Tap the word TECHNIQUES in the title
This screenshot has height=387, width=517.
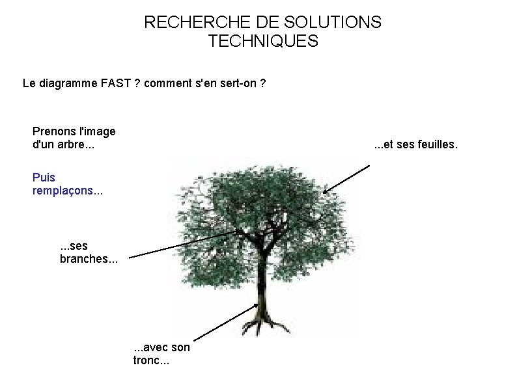pyautogui.click(x=263, y=42)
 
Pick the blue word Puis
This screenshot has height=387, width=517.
pyautogui.click(x=44, y=177)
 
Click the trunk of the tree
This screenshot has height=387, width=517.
pyautogui.click(x=262, y=280)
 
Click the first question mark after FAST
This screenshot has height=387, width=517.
pyautogui.click(x=137, y=83)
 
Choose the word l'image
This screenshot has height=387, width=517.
pyautogui.click(x=96, y=131)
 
